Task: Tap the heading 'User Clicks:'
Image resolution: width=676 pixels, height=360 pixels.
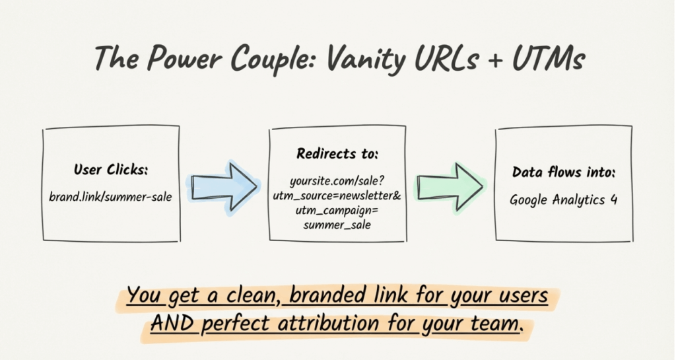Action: (111, 170)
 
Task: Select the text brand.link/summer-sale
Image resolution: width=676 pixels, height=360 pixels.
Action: (111, 197)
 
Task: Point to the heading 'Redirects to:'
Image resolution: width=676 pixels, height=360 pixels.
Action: (337, 154)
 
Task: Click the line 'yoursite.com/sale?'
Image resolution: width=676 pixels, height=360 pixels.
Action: (337, 180)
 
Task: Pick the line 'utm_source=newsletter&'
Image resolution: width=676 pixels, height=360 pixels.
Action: (337, 196)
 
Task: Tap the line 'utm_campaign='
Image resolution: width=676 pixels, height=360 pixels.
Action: (337, 211)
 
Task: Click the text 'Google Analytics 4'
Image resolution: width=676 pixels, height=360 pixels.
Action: (563, 199)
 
